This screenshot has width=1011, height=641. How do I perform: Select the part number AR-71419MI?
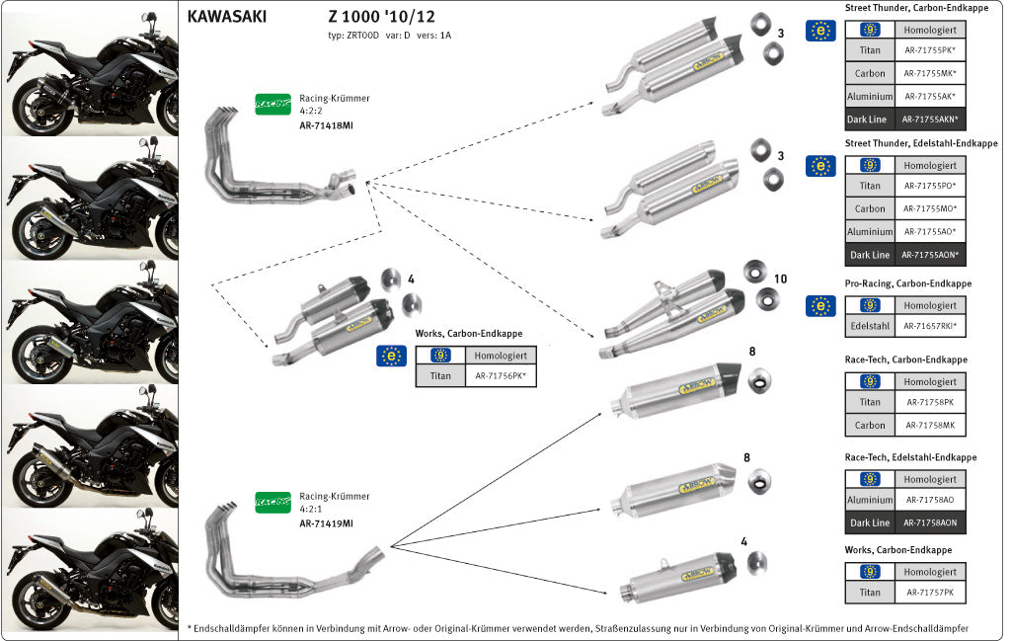(327, 523)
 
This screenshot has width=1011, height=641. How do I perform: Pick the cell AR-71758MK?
(930, 426)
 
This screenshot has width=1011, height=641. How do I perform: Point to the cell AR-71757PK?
(930, 593)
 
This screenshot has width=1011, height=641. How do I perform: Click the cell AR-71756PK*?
(501, 375)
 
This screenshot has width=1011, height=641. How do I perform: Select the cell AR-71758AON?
(930, 522)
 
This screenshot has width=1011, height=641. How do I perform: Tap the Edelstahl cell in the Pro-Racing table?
(870, 327)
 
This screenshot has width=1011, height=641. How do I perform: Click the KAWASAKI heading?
(226, 17)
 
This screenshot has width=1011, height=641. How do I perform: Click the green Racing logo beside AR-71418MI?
(272, 103)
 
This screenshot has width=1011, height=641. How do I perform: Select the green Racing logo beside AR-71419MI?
(272, 502)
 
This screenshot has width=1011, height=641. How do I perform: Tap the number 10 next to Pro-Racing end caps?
(780, 280)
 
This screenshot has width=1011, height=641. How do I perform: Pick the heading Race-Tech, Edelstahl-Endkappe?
(911, 457)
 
